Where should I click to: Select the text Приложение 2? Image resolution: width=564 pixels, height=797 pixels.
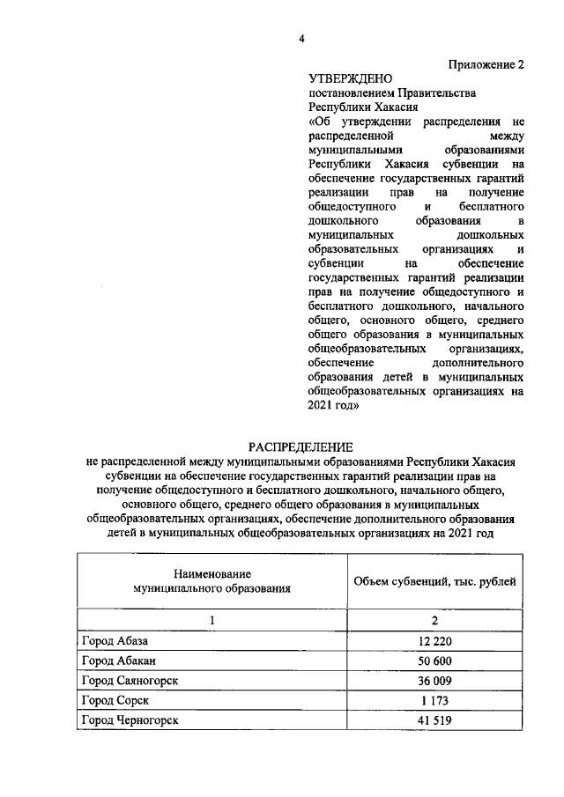coord(486,64)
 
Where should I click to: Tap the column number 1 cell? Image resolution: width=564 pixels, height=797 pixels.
coord(211,620)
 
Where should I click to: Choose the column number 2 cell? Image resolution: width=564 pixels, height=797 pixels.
coord(434,620)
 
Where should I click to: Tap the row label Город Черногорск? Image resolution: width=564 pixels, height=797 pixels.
coord(129,721)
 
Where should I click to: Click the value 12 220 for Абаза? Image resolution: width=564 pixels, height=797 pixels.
coord(434,640)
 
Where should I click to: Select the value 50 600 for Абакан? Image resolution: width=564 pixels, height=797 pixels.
coord(434,660)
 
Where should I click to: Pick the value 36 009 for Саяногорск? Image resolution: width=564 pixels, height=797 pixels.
coord(434,681)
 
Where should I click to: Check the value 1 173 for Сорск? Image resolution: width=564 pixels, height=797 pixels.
coord(434,701)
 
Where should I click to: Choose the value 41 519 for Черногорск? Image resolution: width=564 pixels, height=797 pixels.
coord(434,721)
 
